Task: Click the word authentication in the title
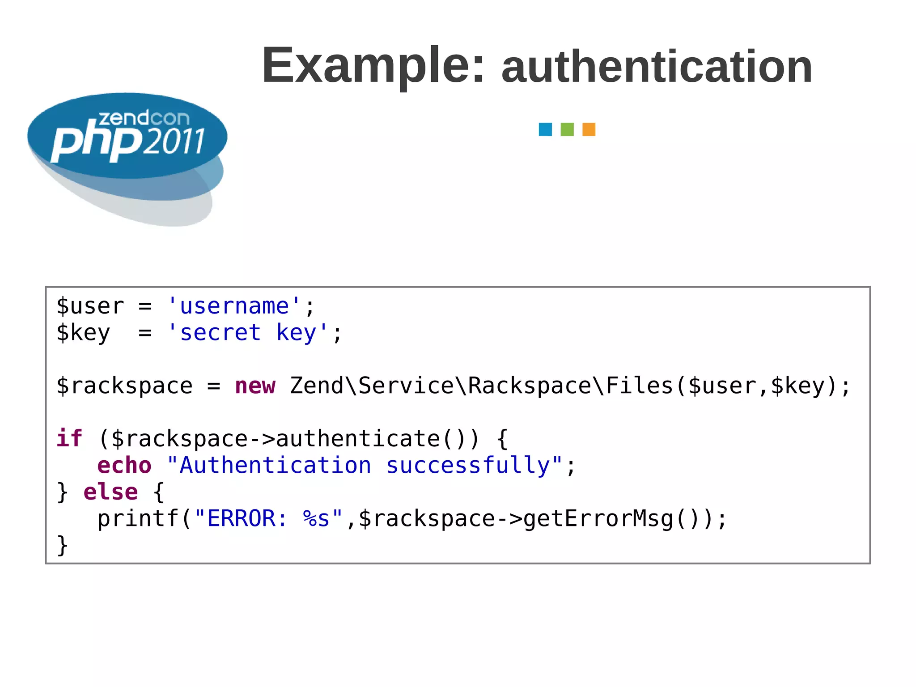[x=657, y=67]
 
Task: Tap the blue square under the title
[x=545, y=129]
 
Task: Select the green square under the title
[x=567, y=129]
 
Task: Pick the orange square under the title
[x=589, y=129]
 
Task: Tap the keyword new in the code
[x=255, y=386]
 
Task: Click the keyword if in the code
[x=69, y=438]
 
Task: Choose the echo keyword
[x=124, y=466]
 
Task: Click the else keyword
[x=110, y=492]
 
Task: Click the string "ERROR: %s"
[x=268, y=519]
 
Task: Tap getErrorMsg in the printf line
[x=598, y=519]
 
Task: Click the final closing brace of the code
[x=63, y=545]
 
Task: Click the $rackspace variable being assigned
[x=124, y=386]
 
